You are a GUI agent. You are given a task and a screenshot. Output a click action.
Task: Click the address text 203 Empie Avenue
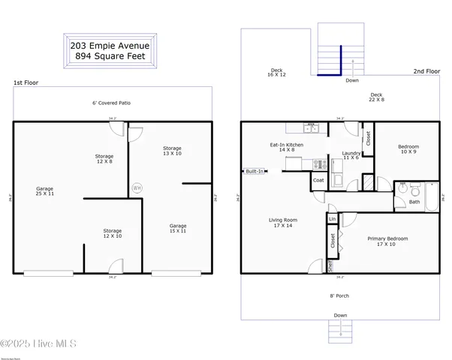point(110,45)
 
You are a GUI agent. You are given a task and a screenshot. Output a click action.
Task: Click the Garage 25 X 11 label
point(45,191)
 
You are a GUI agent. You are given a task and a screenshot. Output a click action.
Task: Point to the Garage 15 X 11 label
point(178,228)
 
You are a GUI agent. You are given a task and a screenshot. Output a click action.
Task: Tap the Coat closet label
point(318,180)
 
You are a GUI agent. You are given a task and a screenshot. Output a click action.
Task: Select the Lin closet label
point(332,219)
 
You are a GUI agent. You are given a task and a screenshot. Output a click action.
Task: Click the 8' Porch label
point(340,295)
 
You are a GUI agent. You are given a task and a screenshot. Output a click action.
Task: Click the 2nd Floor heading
point(426,71)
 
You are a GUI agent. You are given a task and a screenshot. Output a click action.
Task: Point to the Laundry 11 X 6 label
point(351,156)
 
